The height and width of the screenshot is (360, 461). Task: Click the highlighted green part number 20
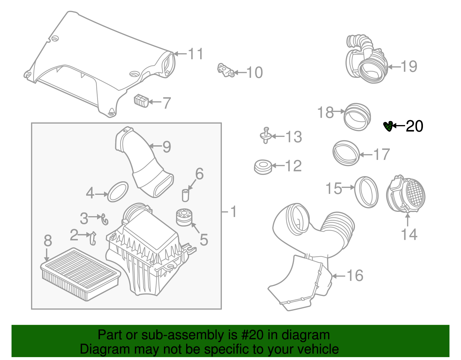click(388, 126)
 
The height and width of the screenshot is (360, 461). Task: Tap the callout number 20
click(414, 126)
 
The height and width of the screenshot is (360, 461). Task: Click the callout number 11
click(196, 54)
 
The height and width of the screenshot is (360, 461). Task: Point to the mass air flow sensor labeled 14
click(406, 195)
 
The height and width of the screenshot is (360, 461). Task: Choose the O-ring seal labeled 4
click(118, 192)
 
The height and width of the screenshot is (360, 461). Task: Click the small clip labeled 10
click(225, 71)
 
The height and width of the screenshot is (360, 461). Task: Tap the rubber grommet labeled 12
click(263, 167)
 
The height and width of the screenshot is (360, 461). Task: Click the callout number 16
click(355, 276)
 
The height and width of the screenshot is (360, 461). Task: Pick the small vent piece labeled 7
click(141, 101)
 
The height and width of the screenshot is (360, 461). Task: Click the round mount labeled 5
click(184, 217)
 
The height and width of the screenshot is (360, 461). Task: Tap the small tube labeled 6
click(185, 195)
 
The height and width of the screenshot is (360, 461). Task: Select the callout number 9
click(167, 147)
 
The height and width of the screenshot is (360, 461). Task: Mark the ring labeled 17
click(346, 153)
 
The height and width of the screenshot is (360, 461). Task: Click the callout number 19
click(409, 67)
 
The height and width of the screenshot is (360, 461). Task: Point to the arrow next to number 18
click(339, 111)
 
